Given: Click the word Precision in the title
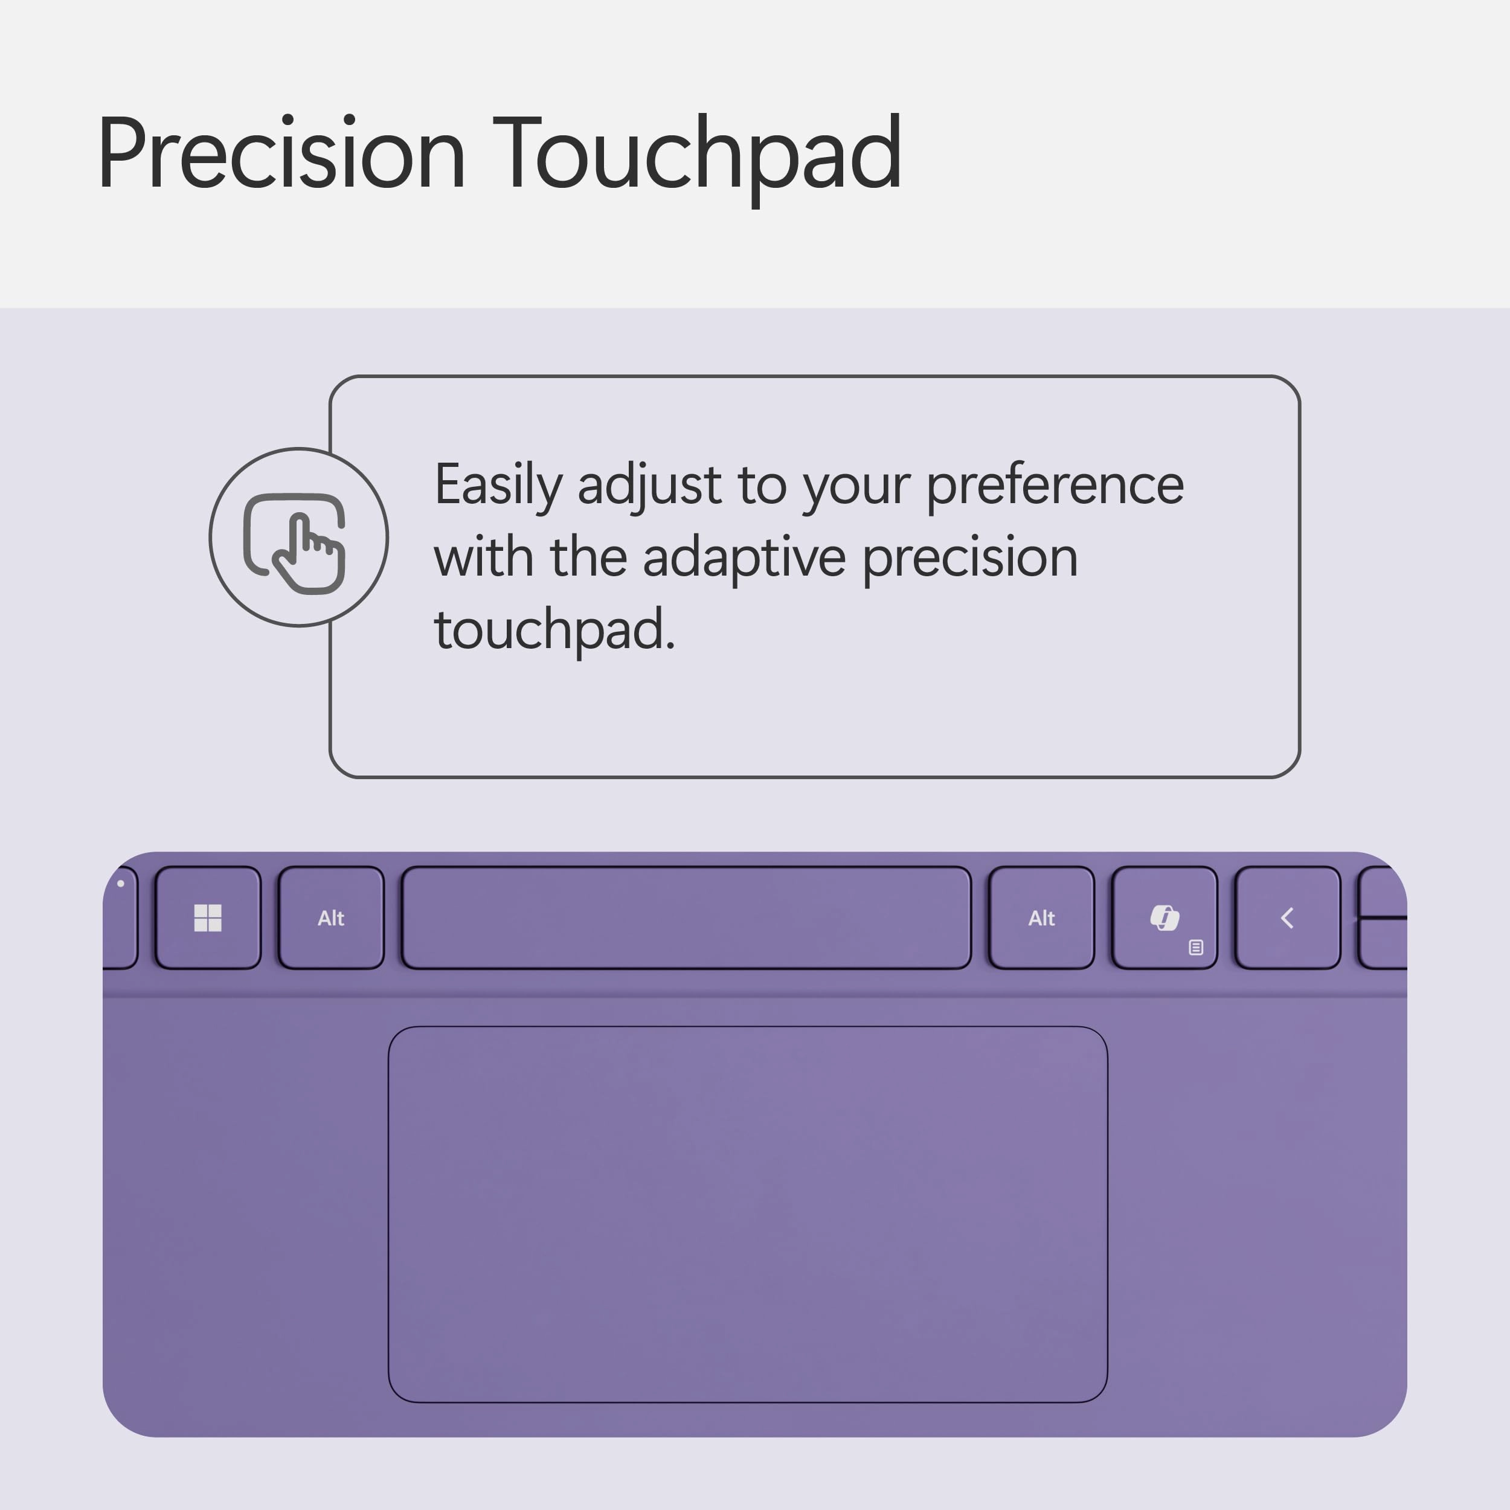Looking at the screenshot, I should pyautogui.click(x=281, y=153).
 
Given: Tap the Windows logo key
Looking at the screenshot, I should pyautogui.click(x=208, y=917).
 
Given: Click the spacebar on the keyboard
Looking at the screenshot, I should pyautogui.click(x=686, y=917).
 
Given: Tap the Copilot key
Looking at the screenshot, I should pyautogui.click(x=1164, y=917).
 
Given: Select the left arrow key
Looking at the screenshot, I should pyautogui.click(x=1287, y=917).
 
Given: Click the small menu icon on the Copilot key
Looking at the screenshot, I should pyautogui.click(x=1196, y=947).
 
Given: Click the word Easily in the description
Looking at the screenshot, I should pyautogui.click(x=498, y=486).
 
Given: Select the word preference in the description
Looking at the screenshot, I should pyautogui.click(x=1055, y=486).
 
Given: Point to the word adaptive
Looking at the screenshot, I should pyautogui.click(x=744, y=557).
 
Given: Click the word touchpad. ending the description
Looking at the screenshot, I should pyautogui.click(x=554, y=629).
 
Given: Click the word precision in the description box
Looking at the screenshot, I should pyautogui.click(x=970, y=557).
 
